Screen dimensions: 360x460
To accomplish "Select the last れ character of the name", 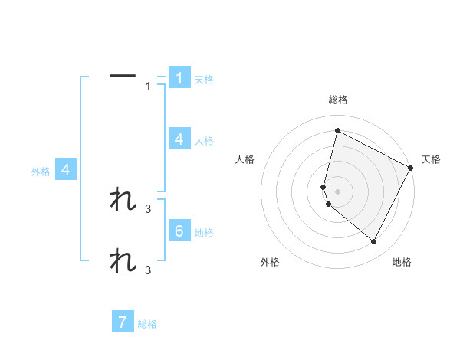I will coord(123,260).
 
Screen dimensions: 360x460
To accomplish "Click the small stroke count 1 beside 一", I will coord(148,87).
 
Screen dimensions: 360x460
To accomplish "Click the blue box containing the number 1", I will coord(179,77).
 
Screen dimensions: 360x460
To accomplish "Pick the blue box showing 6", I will coord(179,231).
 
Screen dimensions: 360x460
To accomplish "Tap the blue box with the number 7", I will coord(123,322).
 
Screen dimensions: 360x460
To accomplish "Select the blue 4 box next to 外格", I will coord(66,170).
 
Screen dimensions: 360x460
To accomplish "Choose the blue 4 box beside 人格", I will coord(179,139).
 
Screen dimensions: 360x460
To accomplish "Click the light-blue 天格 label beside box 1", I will coord(203,80).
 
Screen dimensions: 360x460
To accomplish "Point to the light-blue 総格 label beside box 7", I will coord(147,324).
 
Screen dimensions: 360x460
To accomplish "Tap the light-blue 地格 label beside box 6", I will coord(204,233).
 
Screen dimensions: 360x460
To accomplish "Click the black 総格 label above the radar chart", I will coord(337,100).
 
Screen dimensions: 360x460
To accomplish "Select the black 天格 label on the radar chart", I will coord(431,159).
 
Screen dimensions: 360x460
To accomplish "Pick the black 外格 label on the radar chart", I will coord(270,262).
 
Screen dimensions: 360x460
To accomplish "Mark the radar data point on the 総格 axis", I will coord(337,130).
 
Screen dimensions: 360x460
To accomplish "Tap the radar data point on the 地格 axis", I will coord(373,241).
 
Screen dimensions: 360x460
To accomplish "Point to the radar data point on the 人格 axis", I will coord(324,187).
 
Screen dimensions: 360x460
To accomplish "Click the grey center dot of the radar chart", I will coord(337,191).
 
